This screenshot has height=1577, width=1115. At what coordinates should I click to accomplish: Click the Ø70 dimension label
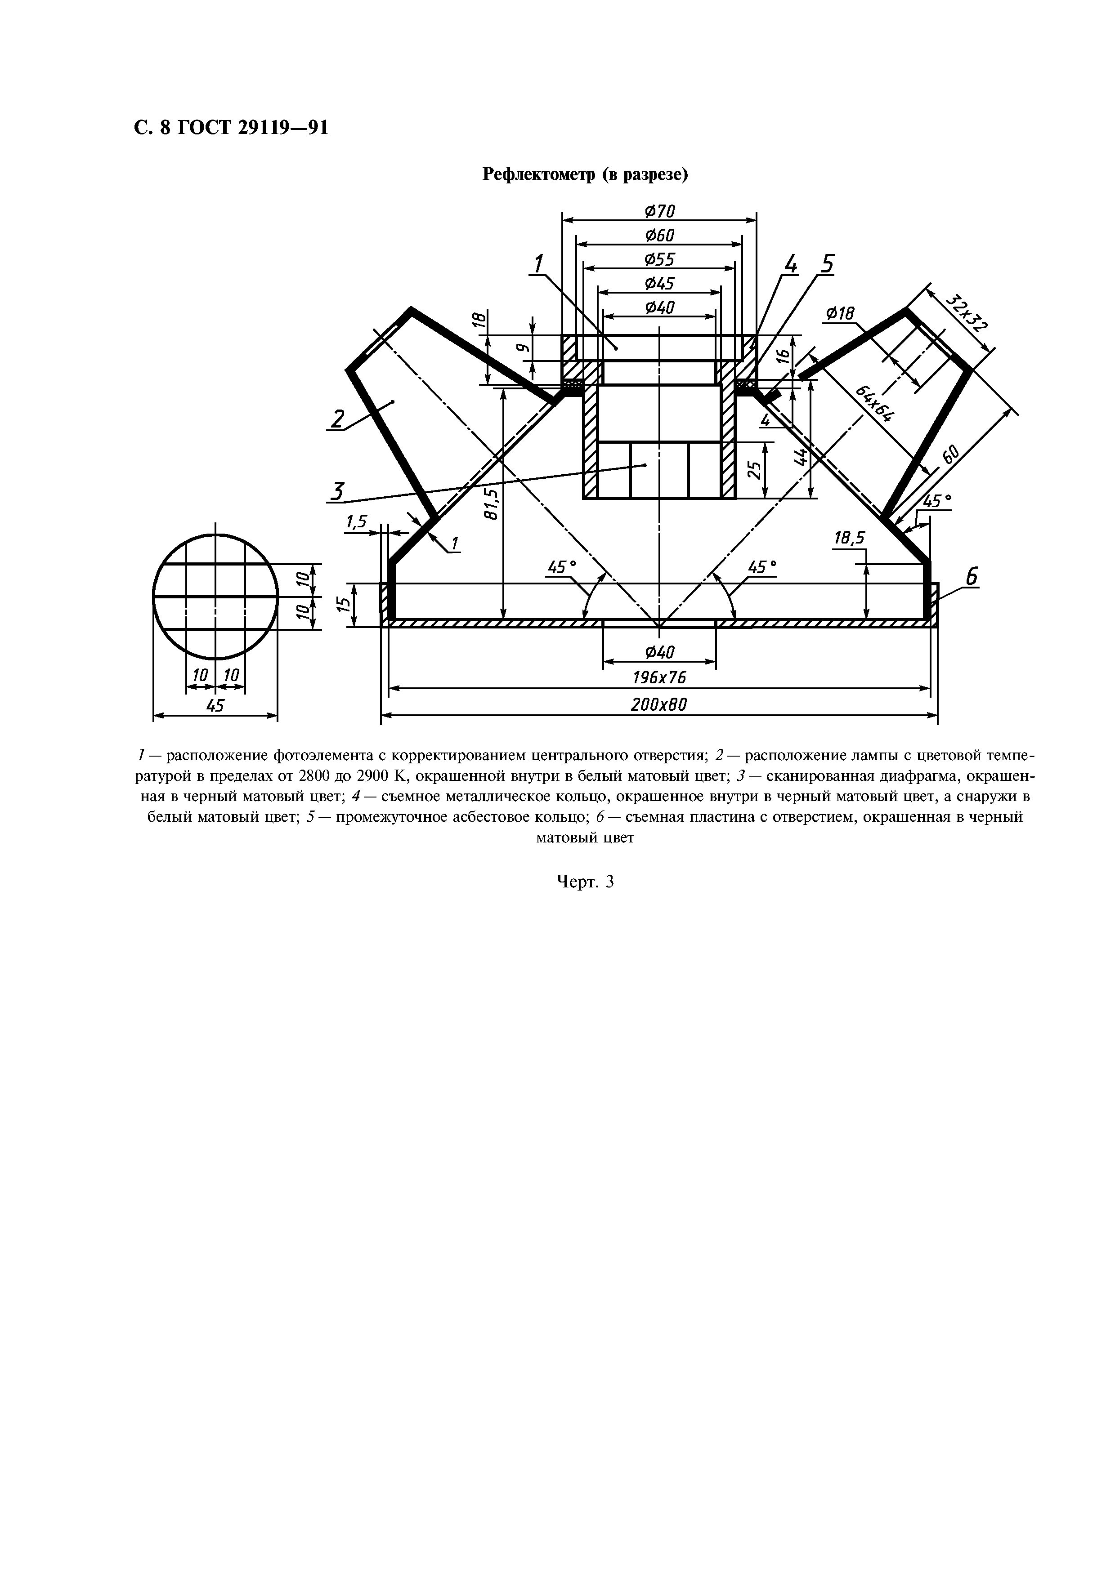click(x=659, y=211)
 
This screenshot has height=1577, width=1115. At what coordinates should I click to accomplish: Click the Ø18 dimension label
click(x=840, y=314)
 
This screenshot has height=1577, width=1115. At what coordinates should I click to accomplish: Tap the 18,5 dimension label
click(x=849, y=539)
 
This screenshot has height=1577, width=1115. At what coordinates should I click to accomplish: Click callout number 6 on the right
click(x=971, y=578)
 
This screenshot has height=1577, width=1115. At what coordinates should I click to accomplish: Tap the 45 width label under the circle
click(x=215, y=705)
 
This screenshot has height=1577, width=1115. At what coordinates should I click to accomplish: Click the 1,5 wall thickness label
click(x=356, y=523)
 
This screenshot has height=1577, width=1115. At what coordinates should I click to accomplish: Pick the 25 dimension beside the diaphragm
click(x=754, y=470)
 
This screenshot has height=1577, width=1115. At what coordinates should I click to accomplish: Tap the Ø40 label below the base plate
click(x=659, y=651)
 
